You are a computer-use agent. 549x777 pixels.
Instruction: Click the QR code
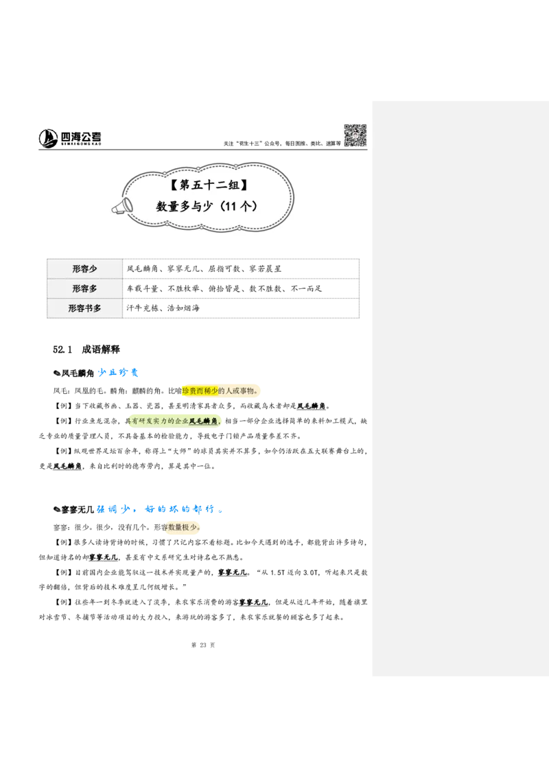tap(354, 135)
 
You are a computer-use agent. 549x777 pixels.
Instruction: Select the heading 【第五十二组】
tap(207, 185)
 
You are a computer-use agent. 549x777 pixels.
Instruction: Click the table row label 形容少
tap(84, 269)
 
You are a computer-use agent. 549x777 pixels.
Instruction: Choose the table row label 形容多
tap(84, 289)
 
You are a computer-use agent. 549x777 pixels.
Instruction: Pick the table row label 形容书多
tap(84, 309)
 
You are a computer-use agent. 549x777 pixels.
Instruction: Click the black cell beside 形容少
tap(242, 268)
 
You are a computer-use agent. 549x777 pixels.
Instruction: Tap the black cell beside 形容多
tap(242, 288)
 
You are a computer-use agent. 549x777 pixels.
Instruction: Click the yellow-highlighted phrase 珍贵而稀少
tap(200, 391)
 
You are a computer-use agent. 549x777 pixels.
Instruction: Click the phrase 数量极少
tap(183, 529)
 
